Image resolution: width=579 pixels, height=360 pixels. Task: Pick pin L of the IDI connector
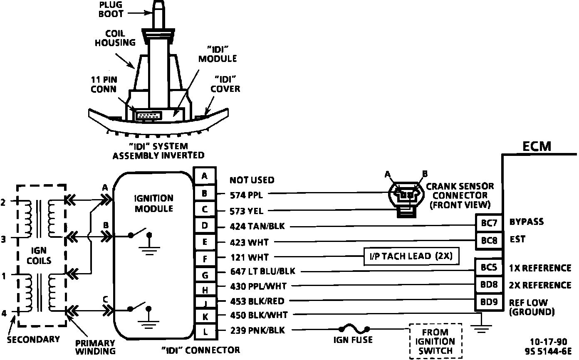(205, 331)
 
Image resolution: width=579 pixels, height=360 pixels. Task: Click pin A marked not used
(205, 176)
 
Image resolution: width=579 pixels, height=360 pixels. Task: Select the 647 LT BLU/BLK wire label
(262, 271)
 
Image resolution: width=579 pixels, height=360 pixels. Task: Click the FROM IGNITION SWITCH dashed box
(435, 341)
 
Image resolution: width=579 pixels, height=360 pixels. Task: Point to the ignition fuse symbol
(353, 328)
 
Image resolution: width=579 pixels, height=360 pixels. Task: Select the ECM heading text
(537, 146)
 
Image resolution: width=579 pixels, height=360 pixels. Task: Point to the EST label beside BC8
(517, 239)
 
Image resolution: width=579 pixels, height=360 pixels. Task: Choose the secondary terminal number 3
(3, 239)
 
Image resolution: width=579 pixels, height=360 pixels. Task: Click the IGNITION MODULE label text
(154, 203)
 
